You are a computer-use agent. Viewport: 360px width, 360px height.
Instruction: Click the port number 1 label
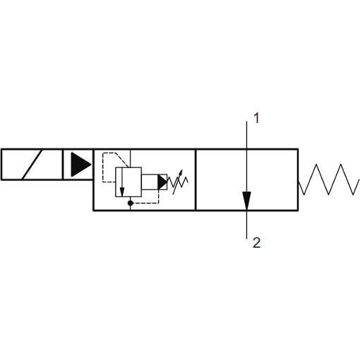click(x=256, y=118)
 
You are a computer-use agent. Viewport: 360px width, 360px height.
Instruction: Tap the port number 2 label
click(x=257, y=243)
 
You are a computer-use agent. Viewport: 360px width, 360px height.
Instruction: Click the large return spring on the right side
click(x=329, y=179)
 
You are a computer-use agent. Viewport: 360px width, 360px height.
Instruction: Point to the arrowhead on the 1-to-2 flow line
click(x=246, y=200)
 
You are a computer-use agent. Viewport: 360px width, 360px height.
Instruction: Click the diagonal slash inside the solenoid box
click(x=32, y=164)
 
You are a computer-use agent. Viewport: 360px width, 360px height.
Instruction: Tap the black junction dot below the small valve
click(x=130, y=203)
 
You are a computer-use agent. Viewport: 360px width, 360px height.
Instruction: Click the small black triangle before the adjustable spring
click(x=162, y=182)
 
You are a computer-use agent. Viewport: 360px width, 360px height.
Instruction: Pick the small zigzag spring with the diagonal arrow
click(x=178, y=182)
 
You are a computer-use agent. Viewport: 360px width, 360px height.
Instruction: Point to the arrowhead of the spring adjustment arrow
click(x=181, y=172)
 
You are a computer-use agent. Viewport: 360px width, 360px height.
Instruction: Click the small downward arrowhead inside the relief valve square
click(x=122, y=192)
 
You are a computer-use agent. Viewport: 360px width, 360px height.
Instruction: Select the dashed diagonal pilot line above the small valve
click(x=122, y=160)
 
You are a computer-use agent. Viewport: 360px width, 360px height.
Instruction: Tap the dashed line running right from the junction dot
click(x=146, y=203)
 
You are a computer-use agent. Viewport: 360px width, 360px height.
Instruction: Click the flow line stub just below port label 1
click(x=246, y=135)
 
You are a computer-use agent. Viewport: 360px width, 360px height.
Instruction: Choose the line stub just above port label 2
click(x=246, y=224)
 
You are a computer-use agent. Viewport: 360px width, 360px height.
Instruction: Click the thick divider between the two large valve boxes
click(x=196, y=180)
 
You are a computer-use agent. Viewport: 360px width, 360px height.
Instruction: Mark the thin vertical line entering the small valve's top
click(x=130, y=158)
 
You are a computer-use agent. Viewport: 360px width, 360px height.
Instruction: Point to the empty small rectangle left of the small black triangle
click(x=150, y=182)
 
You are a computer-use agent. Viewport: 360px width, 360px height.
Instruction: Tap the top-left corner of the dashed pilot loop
click(x=103, y=153)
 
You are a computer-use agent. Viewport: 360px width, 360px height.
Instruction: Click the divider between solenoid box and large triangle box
click(x=63, y=164)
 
